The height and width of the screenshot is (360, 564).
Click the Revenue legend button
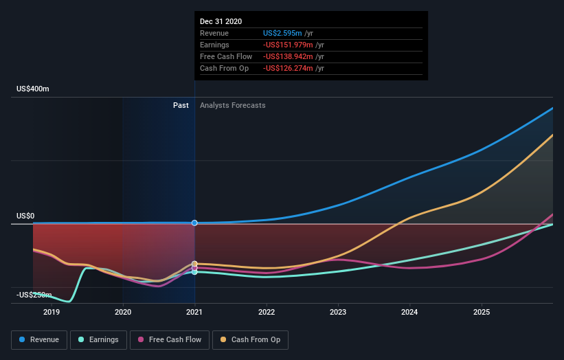(x=39, y=339)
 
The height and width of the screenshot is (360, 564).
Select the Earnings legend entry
(x=98, y=339)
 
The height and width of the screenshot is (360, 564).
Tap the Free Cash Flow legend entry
(x=170, y=339)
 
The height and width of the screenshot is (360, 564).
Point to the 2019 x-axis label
(x=52, y=312)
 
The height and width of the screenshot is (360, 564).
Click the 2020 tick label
(x=123, y=312)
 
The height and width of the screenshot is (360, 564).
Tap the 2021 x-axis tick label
(x=195, y=312)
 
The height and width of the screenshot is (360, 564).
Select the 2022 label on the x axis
(x=267, y=312)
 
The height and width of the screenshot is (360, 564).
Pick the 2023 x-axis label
(x=338, y=312)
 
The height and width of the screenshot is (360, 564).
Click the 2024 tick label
(x=410, y=312)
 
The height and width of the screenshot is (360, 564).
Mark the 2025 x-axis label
(x=482, y=312)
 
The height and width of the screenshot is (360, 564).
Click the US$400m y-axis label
(x=33, y=89)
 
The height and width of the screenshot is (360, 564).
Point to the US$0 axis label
(x=25, y=216)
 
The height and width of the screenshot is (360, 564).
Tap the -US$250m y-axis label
(x=34, y=295)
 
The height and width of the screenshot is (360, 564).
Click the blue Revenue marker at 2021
(x=195, y=223)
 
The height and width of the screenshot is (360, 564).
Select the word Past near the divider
(x=181, y=105)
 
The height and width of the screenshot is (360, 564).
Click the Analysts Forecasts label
(x=232, y=105)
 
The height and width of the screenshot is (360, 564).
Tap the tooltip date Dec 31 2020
(x=221, y=22)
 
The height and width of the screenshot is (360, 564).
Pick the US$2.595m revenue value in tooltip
(x=283, y=33)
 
